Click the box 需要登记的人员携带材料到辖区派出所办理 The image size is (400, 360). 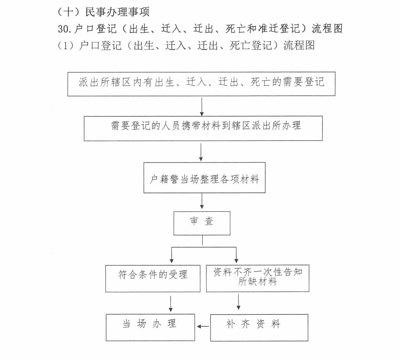[x=203, y=128]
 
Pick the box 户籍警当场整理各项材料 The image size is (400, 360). [x=204, y=178]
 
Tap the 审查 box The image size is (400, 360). [x=202, y=223]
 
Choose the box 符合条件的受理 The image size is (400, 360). [x=152, y=278]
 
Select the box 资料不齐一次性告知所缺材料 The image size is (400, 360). [x=257, y=278]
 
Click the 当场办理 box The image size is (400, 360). [x=150, y=327]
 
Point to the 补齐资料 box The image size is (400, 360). [x=259, y=327]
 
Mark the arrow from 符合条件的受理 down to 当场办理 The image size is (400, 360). [x=171, y=303]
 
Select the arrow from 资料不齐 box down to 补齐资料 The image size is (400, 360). [x=239, y=302]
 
